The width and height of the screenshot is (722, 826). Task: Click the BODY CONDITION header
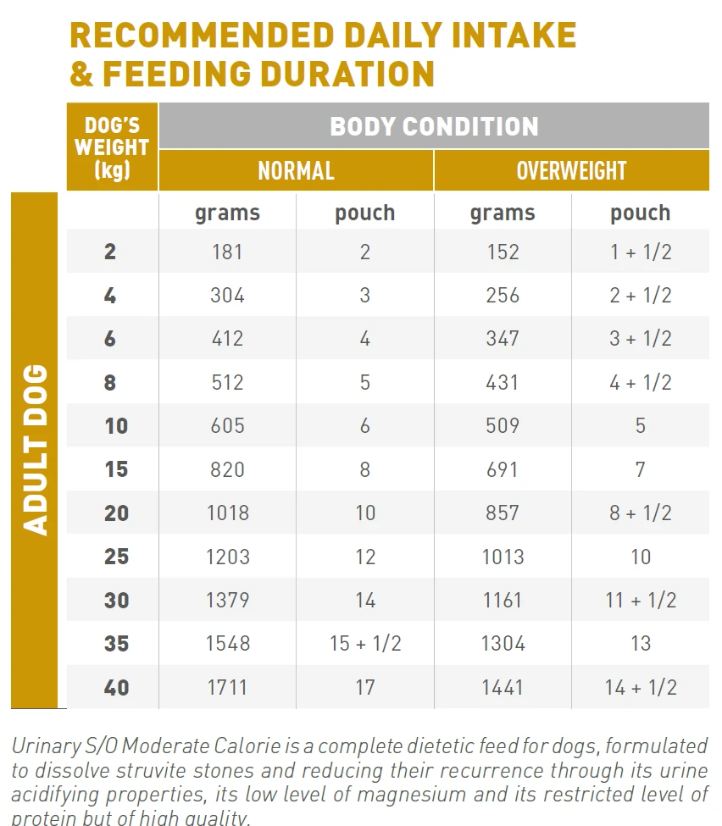tap(434, 126)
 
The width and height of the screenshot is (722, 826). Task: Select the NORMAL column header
tap(296, 170)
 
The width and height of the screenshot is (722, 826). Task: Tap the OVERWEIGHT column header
tap(571, 170)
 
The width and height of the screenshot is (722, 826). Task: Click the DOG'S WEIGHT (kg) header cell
tap(112, 147)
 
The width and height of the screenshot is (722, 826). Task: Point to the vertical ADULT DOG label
tap(34, 450)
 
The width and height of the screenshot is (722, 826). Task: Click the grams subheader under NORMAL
tap(227, 213)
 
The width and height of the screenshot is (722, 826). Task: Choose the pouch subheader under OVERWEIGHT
tap(640, 213)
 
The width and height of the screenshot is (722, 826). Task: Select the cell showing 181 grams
tap(227, 252)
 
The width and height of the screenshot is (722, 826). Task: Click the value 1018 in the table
tap(227, 513)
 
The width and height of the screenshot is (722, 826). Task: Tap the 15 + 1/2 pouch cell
tap(364, 643)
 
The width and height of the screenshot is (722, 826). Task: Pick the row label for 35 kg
tap(116, 643)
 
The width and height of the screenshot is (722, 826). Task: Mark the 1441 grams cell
tap(503, 687)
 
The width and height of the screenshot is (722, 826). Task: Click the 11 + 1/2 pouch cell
tap(640, 600)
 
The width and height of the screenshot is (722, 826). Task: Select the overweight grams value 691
tap(503, 469)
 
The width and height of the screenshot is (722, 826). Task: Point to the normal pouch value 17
tap(364, 687)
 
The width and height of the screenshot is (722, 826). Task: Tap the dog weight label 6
tap(110, 339)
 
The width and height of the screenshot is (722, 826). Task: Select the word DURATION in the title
tap(329, 74)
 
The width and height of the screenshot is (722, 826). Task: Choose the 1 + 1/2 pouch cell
tap(640, 252)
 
